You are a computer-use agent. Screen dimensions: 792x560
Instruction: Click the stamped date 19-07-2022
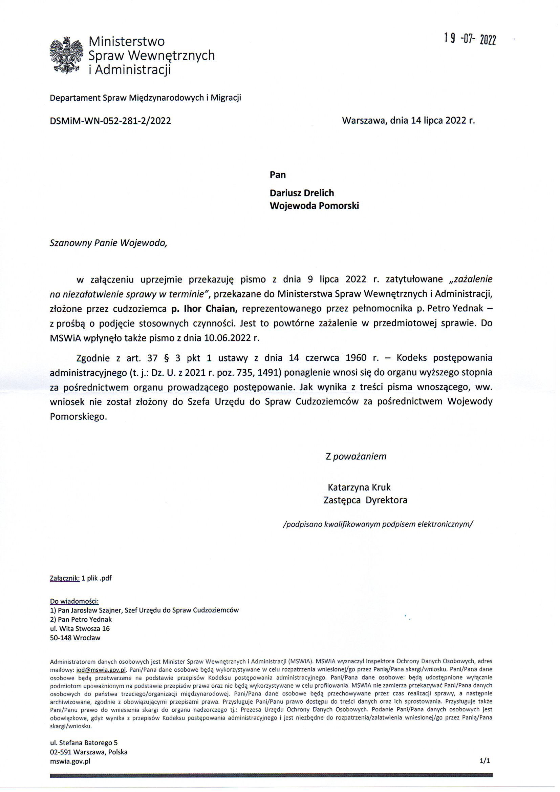pos(470,39)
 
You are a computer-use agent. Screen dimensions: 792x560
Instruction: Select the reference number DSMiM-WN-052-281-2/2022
pos(110,121)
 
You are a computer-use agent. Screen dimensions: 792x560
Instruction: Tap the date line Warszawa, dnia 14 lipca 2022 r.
pos(408,120)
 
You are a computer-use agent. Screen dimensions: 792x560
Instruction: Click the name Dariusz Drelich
pos(302,192)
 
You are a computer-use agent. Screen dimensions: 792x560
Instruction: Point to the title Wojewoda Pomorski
pos(314,206)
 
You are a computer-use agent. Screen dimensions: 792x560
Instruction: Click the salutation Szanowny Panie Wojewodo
pos(108,243)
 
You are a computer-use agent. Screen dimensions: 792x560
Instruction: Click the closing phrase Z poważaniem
pos(356,456)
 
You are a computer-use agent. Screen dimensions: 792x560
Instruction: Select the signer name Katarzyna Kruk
pos(359,487)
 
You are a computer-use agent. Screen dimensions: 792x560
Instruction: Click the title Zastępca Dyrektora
pos(366,500)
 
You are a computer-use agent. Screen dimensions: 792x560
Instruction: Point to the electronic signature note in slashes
pos(378,524)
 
